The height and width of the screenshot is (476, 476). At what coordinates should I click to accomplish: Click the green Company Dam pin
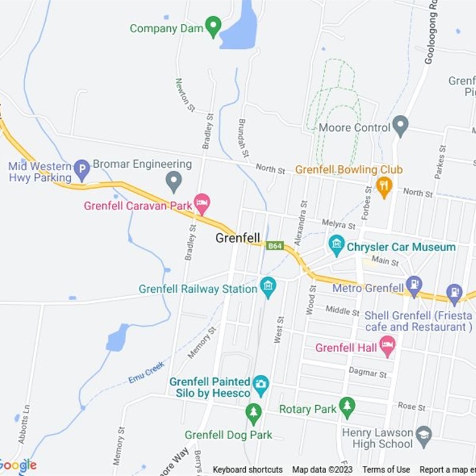point(213,26)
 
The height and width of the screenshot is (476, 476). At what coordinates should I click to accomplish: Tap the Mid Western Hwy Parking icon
point(82,170)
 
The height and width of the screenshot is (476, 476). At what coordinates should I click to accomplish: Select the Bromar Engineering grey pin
point(173,181)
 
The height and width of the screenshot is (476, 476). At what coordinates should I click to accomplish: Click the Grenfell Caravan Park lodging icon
point(202,204)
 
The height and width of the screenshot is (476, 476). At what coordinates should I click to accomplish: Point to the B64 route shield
point(274,246)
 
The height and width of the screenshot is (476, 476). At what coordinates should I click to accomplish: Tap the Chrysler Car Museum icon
point(337,245)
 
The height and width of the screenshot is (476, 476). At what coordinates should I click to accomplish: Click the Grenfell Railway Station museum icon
point(268,288)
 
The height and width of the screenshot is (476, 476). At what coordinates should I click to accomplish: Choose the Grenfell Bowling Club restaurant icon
point(384,187)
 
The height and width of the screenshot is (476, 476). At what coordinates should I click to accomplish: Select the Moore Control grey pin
point(401,126)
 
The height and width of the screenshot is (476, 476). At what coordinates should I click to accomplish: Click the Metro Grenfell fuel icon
point(414,284)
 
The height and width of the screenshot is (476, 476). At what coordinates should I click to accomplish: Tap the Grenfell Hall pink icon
point(387,346)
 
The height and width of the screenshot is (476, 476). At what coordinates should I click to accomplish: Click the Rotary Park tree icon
point(347,408)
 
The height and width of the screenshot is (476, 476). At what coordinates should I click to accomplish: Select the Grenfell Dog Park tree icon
point(253,413)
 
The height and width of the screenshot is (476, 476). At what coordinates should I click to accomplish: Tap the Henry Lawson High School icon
point(424,434)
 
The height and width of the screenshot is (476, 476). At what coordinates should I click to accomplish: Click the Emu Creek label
point(146,372)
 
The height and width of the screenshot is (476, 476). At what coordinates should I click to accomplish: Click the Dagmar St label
point(368,372)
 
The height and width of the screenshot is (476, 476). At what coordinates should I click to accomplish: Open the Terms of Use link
point(386,469)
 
